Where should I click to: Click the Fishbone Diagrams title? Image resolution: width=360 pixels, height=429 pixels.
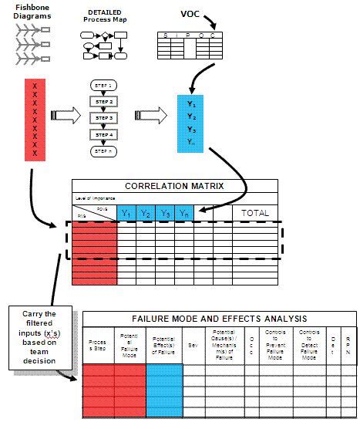(x=33, y=13)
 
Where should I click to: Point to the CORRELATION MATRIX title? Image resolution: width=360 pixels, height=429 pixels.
(x=174, y=186)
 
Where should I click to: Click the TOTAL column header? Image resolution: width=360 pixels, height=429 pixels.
(x=254, y=213)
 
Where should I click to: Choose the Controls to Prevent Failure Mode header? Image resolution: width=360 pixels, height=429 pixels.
(x=275, y=345)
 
